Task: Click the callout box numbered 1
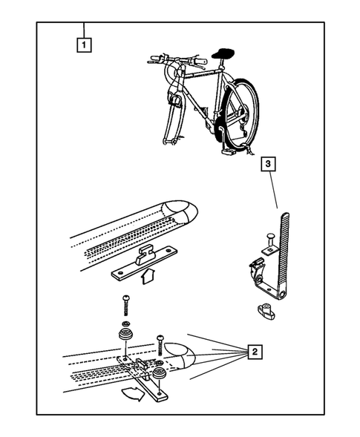click(x=84, y=45)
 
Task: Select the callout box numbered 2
click(x=255, y=352)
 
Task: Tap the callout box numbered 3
click(x=268, y=164)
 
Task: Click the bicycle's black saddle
click(x=223, y=53)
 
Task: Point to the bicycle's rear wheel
click(x=242, y=114)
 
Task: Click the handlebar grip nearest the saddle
click(x=199, y=61)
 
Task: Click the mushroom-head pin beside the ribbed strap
click(x=270, y=243)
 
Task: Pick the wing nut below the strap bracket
click(x=266, y=312)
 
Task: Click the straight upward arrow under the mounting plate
click(x=148, y=276)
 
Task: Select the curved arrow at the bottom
click(x=134, y=393)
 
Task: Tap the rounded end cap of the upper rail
click(x=181, y=213)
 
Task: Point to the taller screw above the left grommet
click(x=125, y=306)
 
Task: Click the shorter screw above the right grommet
click(x=160, y=346)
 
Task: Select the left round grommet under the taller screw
click(x=125, y=335)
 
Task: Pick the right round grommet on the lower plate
click(x=160, y=373)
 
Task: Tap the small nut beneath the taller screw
click(x=126, y=323)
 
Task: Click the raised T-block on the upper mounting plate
click(x=145, y=254)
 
